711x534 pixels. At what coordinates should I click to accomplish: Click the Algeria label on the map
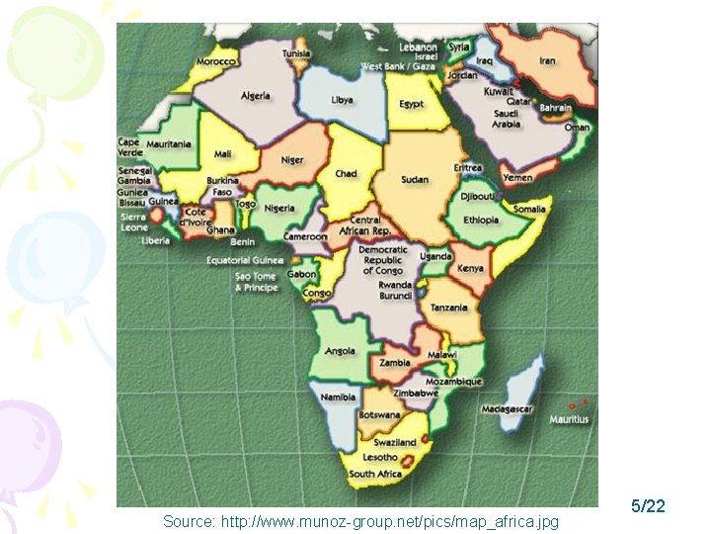coord(255,96)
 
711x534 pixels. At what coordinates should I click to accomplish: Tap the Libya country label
coord(342,100)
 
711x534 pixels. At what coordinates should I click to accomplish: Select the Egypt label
coord(411,104)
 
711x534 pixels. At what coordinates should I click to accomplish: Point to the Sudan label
coord(415,180)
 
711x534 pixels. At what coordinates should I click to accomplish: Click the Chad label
coord(346,173)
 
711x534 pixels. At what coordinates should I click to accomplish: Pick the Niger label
coord(292,160)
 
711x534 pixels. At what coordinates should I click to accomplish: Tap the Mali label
coord(223,154)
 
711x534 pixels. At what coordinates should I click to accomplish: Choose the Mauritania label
coord(169,144)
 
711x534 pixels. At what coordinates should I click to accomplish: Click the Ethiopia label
coord(481,220)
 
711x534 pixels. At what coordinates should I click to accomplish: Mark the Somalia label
coord(529,209)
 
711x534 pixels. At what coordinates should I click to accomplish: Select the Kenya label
coord(471,268)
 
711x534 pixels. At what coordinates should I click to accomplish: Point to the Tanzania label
coord(448,308)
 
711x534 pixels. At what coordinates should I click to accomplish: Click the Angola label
coord(340,351)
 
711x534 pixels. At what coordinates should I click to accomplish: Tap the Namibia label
coord(338,397)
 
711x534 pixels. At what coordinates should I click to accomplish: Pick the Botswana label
coord(379,416)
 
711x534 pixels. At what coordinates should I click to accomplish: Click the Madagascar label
coord(508,409)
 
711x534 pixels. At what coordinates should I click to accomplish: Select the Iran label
coord(546,61)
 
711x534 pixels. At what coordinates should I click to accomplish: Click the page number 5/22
coord(648,506)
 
